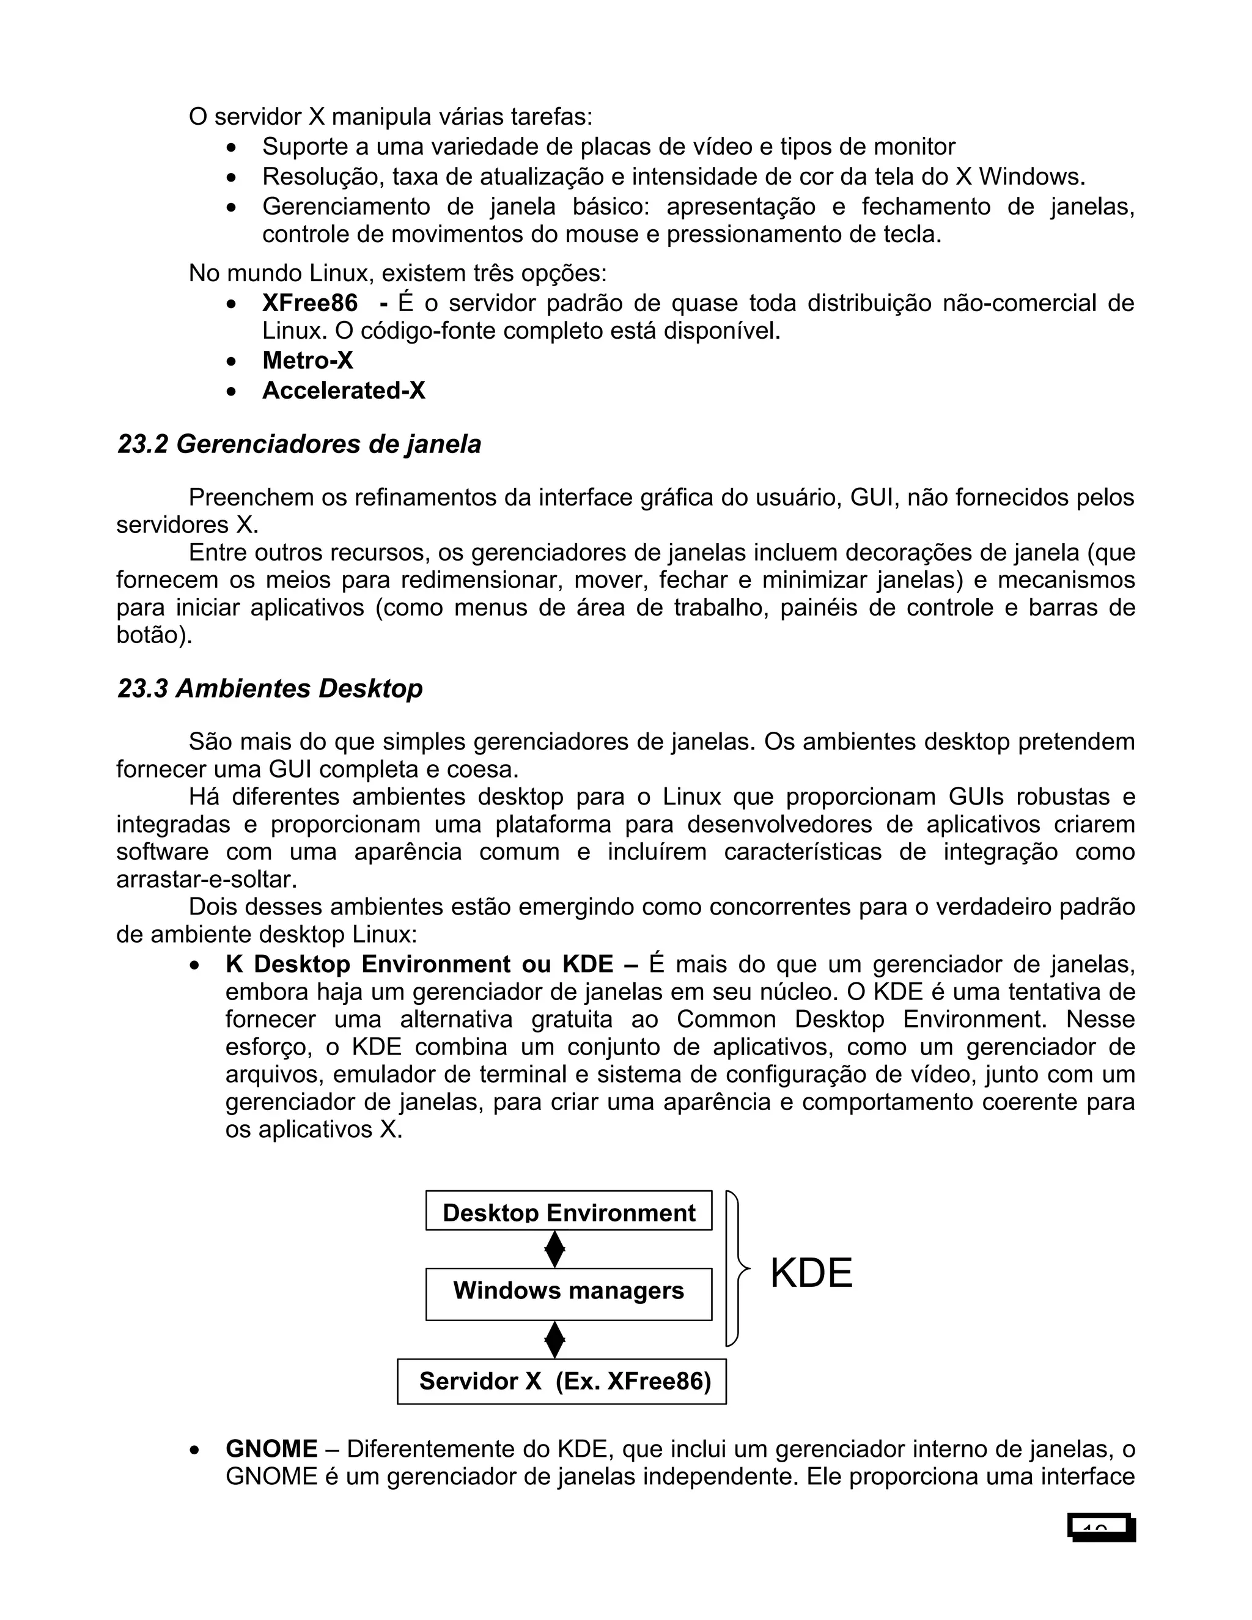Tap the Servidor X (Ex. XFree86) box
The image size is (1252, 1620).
(x=561, y=1381)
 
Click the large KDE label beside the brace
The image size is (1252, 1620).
(x=811, y=1273)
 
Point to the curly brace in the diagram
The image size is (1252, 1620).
(x=736, y=1269)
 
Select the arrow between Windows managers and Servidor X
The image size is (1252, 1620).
(x=555, y=1339)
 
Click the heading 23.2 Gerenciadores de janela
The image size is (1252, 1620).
(x=299, y=444)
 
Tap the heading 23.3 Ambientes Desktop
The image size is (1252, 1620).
(x=270, y=688)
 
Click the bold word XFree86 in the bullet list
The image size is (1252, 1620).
(x=309, y=303)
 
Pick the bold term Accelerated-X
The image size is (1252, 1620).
(x=344, y=390)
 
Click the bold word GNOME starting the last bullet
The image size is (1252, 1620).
(x=271, y=1449)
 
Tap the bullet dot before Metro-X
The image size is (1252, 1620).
(x=232, y=362)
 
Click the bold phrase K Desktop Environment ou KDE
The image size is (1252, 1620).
(x=419, y=964)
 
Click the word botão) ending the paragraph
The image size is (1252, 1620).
(x=153, y=635)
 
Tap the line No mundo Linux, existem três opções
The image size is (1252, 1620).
(x=397, y=273)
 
